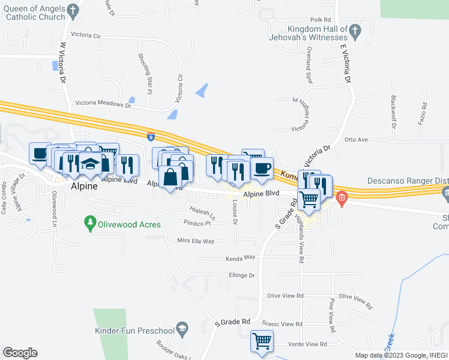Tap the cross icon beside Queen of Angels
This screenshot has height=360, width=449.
point(73,10)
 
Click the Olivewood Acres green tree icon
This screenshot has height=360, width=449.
point(91,224)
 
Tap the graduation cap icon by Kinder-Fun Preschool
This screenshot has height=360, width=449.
point(182,329)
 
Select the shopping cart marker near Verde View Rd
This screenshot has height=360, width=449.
point(262,341)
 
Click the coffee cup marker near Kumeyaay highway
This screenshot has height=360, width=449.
point(262,169)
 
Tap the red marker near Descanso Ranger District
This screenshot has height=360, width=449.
point(342,197)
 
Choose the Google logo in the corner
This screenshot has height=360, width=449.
point(20,353)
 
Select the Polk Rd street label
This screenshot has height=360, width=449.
point(321,20)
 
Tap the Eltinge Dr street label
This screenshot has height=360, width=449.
point(242,275)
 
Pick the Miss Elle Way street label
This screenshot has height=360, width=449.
point(196,241)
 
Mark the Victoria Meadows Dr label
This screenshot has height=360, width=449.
point(103,104)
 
